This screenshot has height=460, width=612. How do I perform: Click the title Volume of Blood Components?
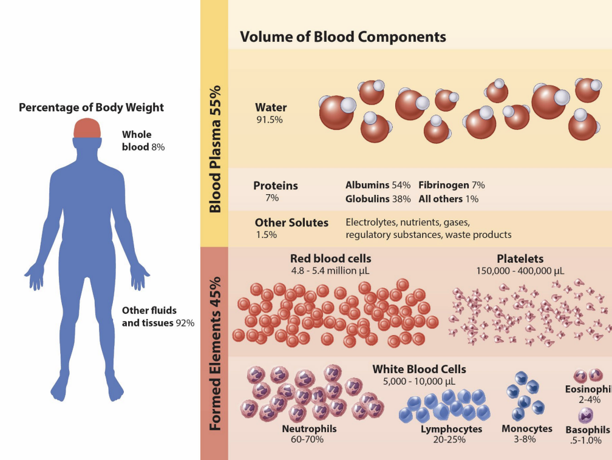pos(343,37)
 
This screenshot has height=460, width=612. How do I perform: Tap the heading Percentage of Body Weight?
pos(91,108)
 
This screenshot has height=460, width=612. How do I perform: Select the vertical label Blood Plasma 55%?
pos(214,148)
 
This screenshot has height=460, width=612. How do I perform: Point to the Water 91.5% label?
pos(271,113)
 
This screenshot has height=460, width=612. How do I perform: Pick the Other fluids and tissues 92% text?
pos(158,317)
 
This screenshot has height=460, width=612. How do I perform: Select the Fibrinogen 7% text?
pos(451,185)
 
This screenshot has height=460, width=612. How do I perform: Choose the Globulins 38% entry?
pos(378,198)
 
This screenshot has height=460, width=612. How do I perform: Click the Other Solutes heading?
pos(291,223)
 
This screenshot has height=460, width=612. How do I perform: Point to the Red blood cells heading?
pos(330,259)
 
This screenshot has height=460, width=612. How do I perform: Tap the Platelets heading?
pos(520,259)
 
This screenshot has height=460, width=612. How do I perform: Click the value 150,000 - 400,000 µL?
pos(520,271)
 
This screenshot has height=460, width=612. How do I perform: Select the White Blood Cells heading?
pos(419,369)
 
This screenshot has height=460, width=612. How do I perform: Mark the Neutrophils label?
pos(309,428)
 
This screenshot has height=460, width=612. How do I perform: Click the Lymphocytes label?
pos(451,429)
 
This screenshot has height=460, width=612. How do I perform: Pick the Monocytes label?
pos(526,428)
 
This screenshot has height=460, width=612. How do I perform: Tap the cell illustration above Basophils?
pos(586,415)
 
